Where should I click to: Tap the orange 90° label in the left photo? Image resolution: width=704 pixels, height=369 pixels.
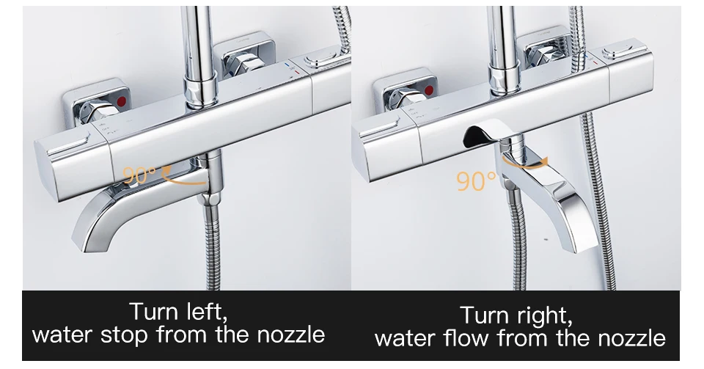pos(139,175)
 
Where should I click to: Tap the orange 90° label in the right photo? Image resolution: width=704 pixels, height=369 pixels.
pos(477,180)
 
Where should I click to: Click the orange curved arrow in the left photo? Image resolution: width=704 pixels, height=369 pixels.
pos(182,180)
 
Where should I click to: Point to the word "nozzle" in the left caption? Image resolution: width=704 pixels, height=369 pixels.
pos(291,335)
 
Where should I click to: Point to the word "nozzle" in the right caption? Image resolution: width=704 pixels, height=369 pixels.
pos(631,337)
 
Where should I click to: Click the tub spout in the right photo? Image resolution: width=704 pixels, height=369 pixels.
pos(550,193)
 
